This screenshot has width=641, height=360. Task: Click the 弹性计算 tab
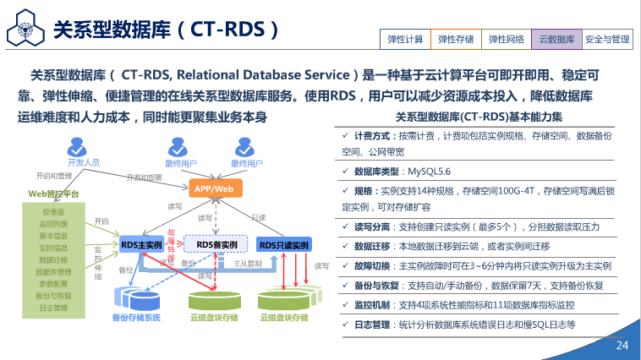pos(405,39)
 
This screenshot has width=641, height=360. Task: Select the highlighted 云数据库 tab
pos(556,39)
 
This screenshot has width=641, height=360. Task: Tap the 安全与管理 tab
pos(607,39)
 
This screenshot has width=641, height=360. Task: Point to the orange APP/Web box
pos(211,188)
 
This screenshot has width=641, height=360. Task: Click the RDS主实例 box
pos(141,245)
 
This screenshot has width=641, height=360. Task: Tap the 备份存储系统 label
pos(135,318)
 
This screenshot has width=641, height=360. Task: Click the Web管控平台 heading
pos(54,194)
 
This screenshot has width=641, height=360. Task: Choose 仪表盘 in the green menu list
pos(53,213)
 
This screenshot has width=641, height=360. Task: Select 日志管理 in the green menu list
pos(53,308)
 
